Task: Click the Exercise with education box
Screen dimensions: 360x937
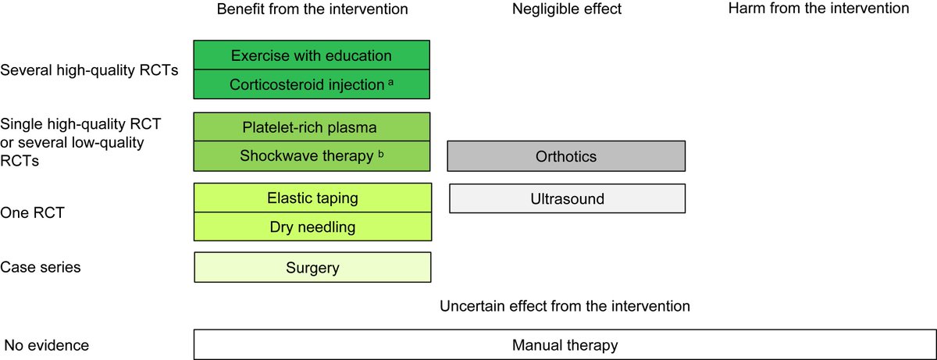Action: pos(312,55)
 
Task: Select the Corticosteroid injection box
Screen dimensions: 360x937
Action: pos(312,85)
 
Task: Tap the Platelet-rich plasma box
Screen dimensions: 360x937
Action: pos(312,127)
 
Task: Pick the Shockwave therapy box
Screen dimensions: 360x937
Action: pos(312,156)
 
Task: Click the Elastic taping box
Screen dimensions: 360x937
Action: pos(312,198)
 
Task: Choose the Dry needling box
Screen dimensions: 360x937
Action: pos(312,227)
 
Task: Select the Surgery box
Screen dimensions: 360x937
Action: pos(312,268)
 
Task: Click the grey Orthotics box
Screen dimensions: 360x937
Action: pos(566,156)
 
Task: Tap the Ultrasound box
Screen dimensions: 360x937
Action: pos(566,198)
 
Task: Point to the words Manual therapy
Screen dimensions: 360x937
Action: pos(565,345)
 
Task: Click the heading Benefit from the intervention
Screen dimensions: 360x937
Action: pos(312,9)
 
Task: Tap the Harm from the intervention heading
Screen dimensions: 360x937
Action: pos(818,9)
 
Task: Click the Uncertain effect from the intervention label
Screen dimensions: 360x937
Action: pos(565,306)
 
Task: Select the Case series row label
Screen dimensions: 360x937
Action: pos(41,267)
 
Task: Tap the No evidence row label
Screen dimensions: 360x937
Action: pos(46,345)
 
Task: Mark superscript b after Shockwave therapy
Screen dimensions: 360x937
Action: pos(381,153)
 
